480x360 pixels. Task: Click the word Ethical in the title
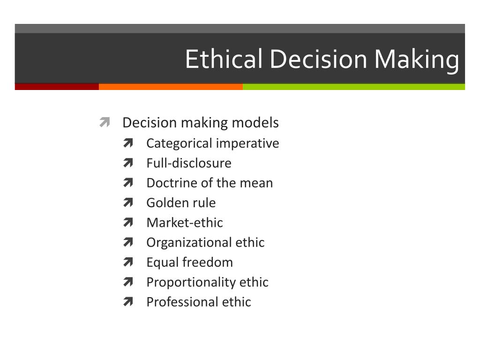pos(224,59)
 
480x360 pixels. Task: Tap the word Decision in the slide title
pos(318,59)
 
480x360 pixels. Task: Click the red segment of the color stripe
pos(57,87)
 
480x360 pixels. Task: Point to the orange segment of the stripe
pos(171,87)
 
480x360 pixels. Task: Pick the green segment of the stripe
pos(354,87)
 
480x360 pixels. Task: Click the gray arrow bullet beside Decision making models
pos(105,122)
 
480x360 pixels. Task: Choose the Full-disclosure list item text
pos(189,163)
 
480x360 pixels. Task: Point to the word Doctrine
pos(172,183)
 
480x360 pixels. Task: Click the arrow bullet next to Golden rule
pos(128,202)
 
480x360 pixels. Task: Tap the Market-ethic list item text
pos(185,223)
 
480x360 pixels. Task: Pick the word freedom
pos(208,262)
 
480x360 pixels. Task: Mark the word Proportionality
pos(191,283)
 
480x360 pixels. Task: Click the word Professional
pos(182,302)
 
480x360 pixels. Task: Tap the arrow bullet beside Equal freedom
pos(128,262)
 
